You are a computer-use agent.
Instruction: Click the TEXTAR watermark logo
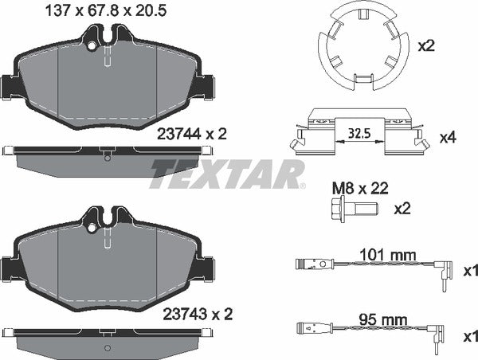(x=228, y=173)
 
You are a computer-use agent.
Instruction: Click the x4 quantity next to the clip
(x=448, y=138)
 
